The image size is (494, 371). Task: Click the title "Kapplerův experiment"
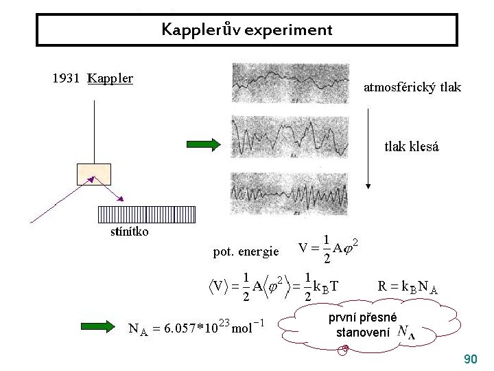pos(247,30)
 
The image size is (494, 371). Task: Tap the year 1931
pos(67,78)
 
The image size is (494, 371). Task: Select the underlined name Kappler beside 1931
pos(110,78)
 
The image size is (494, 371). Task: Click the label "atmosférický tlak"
pos(412,87)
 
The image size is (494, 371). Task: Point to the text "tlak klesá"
pos(412,146)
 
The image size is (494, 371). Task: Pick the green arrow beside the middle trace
pos(203,144)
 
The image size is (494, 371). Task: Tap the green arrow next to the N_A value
pos(99,326)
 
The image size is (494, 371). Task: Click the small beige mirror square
pos(94,175)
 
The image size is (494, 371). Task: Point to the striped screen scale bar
pos(147,214)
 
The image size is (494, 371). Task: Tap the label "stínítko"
pos(129,232)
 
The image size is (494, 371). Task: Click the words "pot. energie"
pos(246,251)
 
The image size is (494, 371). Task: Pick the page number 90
pos(471,359)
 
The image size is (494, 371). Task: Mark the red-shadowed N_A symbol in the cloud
pos(406,333)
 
